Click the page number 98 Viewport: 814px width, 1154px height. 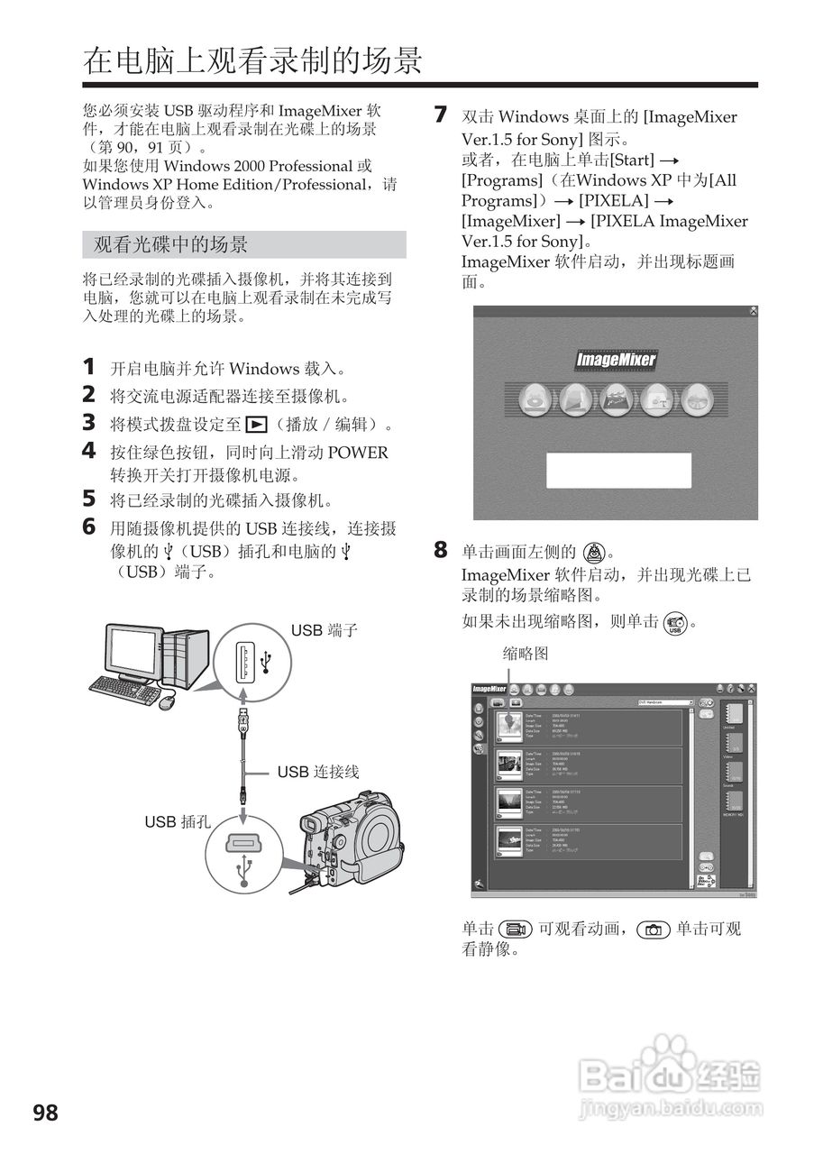(x=45, y=1113)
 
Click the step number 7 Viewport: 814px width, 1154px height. (x=440, y=114)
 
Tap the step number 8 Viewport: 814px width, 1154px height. (x=440, y=549)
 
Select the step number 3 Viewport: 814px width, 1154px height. (x=89, y=422)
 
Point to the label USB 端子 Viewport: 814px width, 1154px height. (x=324, y=630)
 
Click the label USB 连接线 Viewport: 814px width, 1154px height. (x=317, y=772)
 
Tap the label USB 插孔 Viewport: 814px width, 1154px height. (x=177, y=821)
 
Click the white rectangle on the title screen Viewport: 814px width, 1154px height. (x=618, y=471)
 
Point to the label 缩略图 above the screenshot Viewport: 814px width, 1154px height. (x=525, y=653)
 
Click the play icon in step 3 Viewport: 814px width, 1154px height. (x=257, y=424)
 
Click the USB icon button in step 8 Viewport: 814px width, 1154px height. (x=674, y=622)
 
